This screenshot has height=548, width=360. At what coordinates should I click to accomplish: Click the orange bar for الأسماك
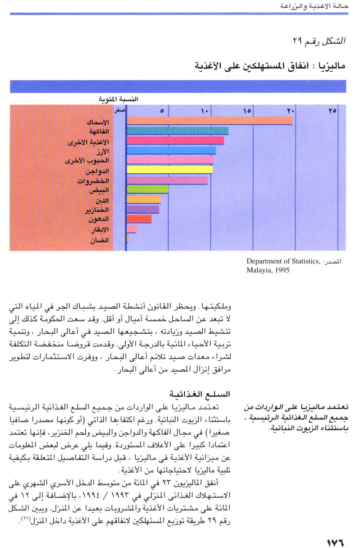(x=209, y=120)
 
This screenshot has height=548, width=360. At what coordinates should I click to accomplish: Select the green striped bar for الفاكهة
(x=177, y=130)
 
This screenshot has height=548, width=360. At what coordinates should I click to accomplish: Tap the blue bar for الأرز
(x=171, y=150)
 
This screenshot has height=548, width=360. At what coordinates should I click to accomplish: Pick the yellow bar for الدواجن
(x=170, y=169)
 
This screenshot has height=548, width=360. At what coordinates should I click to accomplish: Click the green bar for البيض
(x=147, y=189)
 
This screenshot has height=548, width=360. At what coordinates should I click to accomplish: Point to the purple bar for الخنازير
(x=143, y=209)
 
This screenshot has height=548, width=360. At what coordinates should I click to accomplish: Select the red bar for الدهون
(x=139, y=219)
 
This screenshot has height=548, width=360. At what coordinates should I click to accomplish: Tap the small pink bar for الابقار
(x=131, y=229)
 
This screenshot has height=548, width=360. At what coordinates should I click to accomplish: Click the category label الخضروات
(x=93, y=181)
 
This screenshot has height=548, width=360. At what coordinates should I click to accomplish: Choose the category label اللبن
(x=102, y=200)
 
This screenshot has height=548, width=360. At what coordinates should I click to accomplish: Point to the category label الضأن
(x=99, y=240)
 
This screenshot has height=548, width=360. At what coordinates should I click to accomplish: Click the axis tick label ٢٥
(x=332, y=111)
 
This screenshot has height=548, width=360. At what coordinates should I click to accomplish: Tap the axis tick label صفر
(x=120, y=110)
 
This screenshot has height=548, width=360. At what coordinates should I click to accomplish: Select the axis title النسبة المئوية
(x=118, y=99)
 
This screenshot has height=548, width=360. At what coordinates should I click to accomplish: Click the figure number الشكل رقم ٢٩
(x=319, y=41)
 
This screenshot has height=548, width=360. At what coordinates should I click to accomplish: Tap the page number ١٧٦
(x=335, y=542)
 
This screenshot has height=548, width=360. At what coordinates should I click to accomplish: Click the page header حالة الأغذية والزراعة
(x=314, y=6)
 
